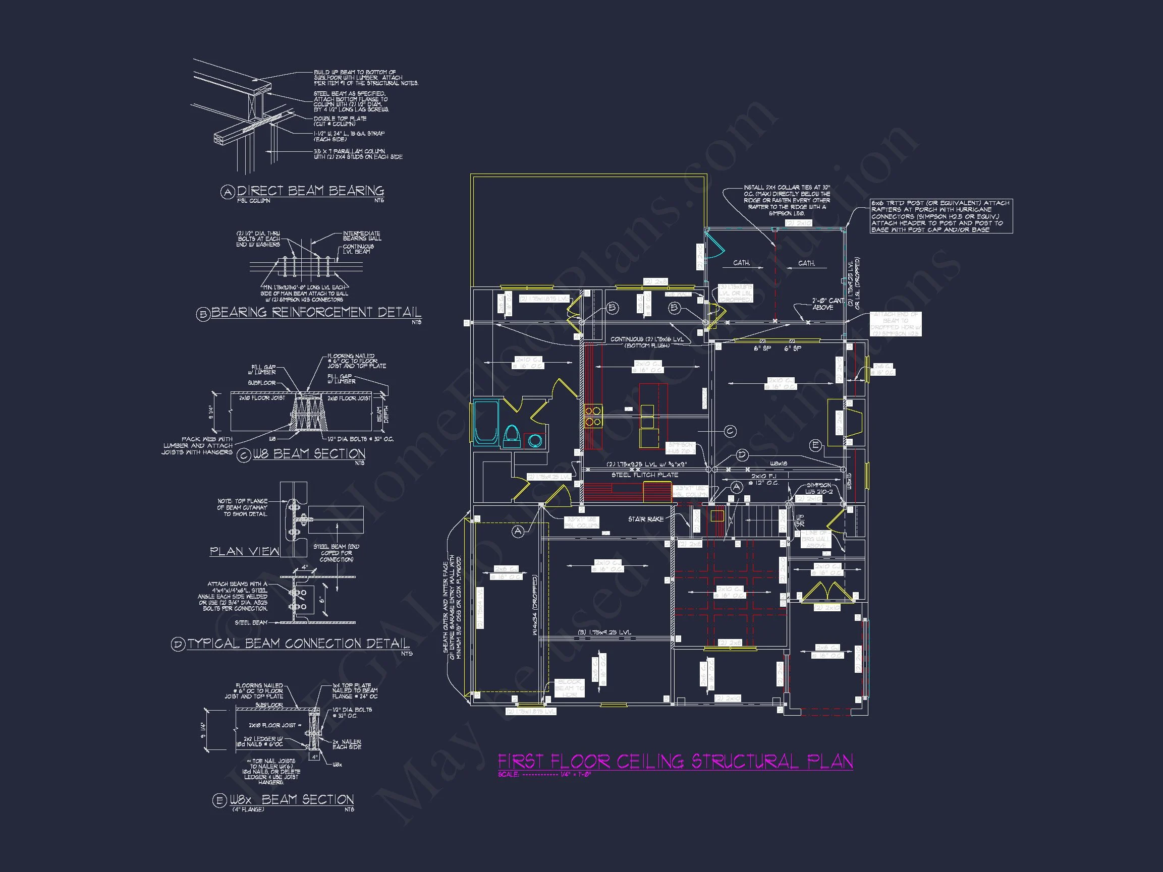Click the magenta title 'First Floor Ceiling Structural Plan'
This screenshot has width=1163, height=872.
[675, 762]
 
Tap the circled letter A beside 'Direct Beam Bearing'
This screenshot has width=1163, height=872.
[227, 192]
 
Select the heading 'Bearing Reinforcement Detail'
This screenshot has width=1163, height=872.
[316, 312]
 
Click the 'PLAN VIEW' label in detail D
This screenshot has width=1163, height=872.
[245, 551]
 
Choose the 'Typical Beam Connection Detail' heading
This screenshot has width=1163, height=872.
[298, 644]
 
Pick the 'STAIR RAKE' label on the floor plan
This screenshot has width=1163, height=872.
[646, 519]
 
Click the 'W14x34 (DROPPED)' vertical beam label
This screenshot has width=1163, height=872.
[535, 605]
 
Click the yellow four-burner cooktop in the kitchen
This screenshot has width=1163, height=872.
[593, 416]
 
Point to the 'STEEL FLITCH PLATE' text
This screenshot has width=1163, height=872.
[645, 475]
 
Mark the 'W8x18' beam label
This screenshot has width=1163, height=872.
[779, 464]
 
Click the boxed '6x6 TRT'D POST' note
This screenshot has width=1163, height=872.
[941, 216]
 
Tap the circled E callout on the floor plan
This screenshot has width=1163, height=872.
[815, 445]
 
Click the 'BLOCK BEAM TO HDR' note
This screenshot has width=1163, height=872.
[569, 687]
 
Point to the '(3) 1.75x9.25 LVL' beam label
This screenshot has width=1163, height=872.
[604, 632]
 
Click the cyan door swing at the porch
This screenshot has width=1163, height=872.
[714, 246]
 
